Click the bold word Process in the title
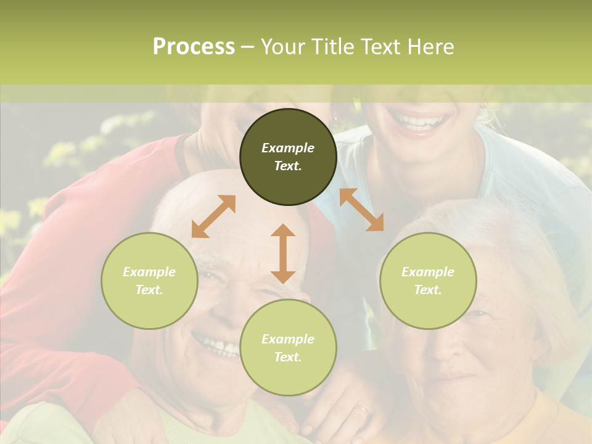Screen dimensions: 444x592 click(194, 47)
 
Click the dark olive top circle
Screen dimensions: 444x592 click(288, 157)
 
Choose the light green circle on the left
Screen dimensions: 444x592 click(149, 281)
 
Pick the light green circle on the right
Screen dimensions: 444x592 click(428, 281)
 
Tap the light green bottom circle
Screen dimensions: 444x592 click(288, 347)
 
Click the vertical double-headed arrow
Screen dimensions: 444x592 click(283, 253)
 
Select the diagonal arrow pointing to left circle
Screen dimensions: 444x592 click(213, 216)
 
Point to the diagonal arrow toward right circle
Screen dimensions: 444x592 click(361, 210)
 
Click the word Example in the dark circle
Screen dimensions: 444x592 click(288, 148)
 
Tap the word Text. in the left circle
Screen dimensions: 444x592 click(149, 290)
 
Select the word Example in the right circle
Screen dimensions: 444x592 click(428, 272)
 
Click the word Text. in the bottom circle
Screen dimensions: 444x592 click(288, 357)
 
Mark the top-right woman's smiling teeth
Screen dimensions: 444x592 click(421, 121)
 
